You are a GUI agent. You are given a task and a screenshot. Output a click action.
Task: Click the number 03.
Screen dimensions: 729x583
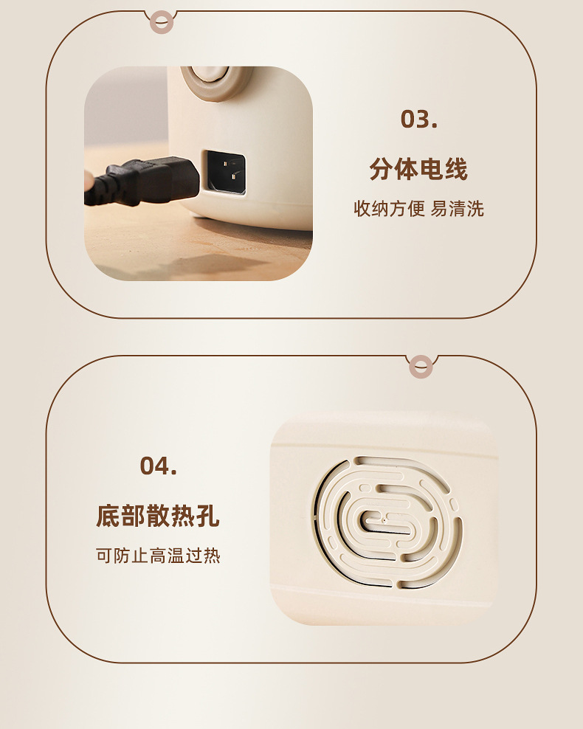(418, 119)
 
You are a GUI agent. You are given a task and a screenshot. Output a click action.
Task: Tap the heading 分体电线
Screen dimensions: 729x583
(418, 170)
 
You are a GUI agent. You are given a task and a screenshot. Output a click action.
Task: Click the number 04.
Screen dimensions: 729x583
(158, 466)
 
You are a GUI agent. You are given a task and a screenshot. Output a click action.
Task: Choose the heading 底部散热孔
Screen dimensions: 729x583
(158, 516)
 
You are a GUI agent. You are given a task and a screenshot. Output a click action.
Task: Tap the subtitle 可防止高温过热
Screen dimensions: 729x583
(158, 556)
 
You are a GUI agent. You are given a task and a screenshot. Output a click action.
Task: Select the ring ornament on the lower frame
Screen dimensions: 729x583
(421, 366)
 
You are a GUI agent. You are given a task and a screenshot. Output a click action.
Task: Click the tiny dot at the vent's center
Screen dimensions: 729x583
(384, 521)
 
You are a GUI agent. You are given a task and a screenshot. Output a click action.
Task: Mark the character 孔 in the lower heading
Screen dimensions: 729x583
(208, 516)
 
